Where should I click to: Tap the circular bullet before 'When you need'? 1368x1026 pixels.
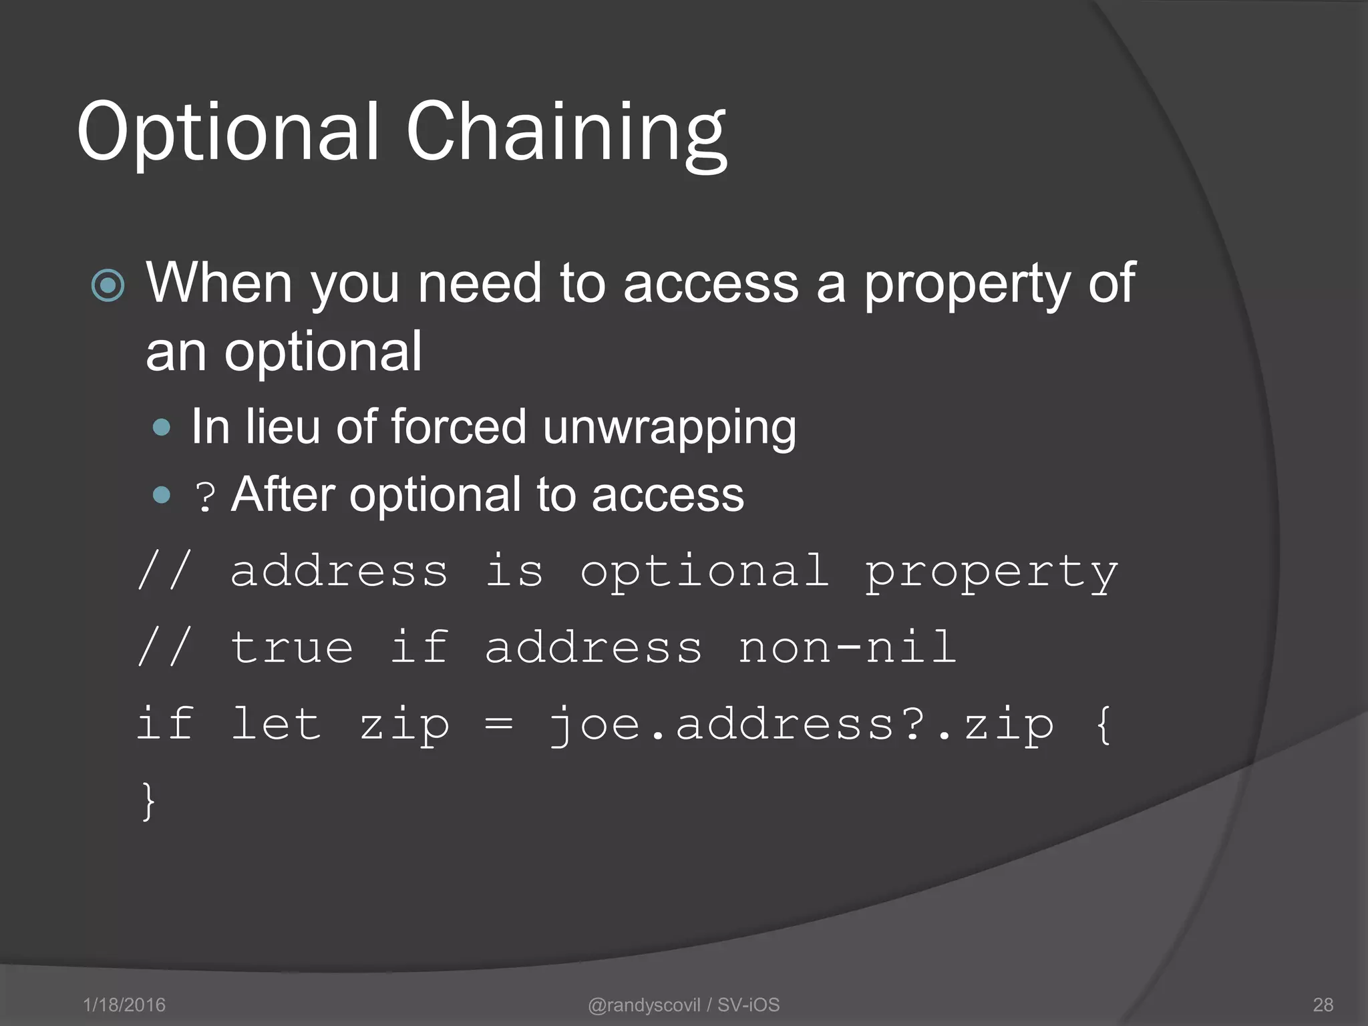point(108,286)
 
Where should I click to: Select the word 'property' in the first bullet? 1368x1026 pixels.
point(967,284)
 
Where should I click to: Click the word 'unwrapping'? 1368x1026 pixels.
point(669,427)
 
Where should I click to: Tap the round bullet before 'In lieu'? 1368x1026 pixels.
point(162,427)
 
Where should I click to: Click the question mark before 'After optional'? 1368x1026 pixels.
point(205,497)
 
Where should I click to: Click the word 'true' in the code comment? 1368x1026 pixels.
point(292,647)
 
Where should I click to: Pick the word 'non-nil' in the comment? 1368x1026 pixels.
point(847,647)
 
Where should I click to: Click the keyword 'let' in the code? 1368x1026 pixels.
point(276,724)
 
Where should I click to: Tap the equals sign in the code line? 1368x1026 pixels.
point(499,724)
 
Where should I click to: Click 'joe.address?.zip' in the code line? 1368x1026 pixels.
point(801,725)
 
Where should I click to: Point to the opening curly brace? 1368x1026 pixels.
point(1104,724)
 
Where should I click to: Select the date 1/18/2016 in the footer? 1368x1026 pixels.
point(124,1005)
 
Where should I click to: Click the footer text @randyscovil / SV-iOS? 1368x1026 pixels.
point(683,1005)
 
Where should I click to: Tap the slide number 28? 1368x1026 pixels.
point(1323,1005)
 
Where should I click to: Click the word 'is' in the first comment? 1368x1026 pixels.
point(514,572)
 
